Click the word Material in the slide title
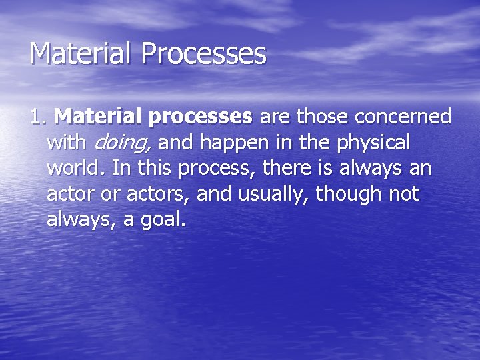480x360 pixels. pos(80,54)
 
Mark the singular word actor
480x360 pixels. pos(69,195)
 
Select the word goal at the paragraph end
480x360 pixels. pos(164,221)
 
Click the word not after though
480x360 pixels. pos(405,195)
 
